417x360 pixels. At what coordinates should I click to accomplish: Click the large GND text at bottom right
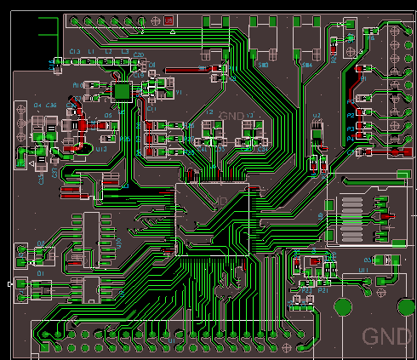tap(386, 336)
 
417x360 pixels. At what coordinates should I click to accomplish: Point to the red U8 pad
tap(169, 20)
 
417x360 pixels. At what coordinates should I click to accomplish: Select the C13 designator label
tap(74, 52)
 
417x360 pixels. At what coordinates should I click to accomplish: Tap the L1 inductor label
tap(91, 52)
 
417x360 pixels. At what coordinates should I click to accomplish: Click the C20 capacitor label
tap(139, 55)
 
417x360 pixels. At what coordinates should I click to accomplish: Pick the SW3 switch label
tap(264, 65)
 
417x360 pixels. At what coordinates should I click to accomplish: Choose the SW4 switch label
tap(307, 65)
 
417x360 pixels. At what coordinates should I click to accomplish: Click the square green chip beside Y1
tap(123, 89)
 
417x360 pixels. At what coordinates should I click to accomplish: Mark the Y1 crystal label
tap(180, 92)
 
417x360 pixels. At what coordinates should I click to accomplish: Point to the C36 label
tap(52, 105)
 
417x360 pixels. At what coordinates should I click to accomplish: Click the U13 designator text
tap(101, 149)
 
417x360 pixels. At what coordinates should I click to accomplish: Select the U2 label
tap(317, 116)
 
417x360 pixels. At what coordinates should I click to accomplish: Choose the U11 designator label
tap(364, 269)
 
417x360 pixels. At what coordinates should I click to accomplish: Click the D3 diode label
tap(368, 260)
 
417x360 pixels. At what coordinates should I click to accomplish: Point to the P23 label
tap(323, 290)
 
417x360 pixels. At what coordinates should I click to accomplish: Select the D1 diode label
tap(39, 274)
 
